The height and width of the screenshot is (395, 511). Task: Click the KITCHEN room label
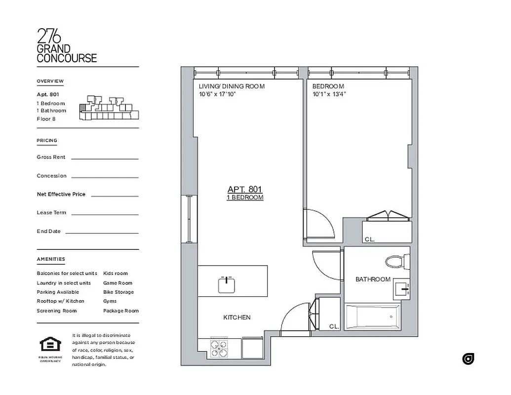(x=237, y=317)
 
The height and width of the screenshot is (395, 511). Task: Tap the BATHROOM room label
(x=373, y=279)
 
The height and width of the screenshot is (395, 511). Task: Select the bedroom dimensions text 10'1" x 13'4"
(x=329, y=93)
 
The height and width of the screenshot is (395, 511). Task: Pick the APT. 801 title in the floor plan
(x=245, y=189)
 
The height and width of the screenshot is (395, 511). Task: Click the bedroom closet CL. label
(x=369, y=239)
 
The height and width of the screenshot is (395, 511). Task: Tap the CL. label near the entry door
(x=334, y=326)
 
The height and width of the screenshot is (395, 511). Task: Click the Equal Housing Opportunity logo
(x=50, y=346)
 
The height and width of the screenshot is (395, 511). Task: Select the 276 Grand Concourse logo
(x=67, y=45)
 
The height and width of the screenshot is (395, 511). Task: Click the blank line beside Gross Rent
(x=105, y=158)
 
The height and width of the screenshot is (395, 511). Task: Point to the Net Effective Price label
(x=61, y=194)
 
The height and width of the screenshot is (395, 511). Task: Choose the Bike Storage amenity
(x=118, y=292)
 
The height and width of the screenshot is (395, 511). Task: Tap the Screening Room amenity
(x=56, y=311)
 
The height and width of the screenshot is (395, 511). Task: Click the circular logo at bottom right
(x=468, y=359)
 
